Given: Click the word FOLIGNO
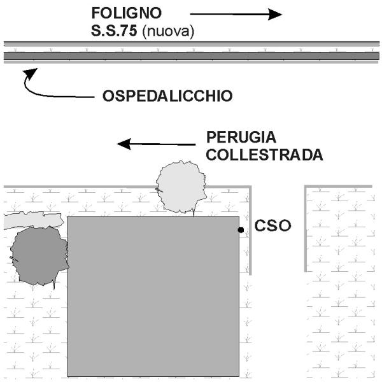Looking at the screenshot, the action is click(x=127, y=13).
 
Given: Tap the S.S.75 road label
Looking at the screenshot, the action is click(x=114, y=31).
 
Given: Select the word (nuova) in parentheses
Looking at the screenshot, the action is click(x=168, y=32).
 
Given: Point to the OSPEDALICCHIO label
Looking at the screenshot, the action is click(x=167, y=95).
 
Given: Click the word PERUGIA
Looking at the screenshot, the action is click(x=241, y=137).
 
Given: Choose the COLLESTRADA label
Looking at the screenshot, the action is click(x=265, y=155).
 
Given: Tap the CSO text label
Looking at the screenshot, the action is click(x=272, y=225).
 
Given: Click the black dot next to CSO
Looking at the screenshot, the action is click(x=241, y=230).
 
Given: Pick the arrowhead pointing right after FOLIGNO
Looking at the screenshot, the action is click(x=275, y=15).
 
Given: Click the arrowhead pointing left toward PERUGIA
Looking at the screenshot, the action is click(x=125, y=144).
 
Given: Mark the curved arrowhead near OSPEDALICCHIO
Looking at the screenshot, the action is click(x=30, y=73).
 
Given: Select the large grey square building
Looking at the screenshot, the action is click(x=153, y=296).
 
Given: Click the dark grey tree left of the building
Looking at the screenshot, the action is click(x=39, y=256).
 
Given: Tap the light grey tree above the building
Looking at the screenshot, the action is click(x=181, y=187).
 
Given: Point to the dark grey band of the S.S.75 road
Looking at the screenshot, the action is click(x=192, y=56).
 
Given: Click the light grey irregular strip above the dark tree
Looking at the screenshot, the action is click(x=33, y=220).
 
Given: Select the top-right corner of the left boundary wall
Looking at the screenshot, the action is click(x=250, y=187).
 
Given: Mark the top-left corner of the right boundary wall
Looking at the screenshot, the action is click(x=306, y=187).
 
